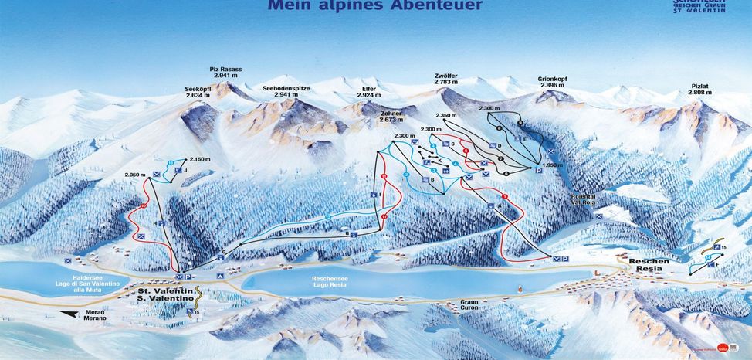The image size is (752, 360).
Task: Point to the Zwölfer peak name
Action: coord(446,79)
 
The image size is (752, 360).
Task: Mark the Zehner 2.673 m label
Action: coord(392,117)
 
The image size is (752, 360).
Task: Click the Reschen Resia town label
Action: coord(649,265)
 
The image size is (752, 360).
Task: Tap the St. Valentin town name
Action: coord(165,292)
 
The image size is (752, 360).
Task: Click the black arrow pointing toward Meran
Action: coord(76,314)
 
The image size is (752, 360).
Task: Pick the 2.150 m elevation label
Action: coord(200,159)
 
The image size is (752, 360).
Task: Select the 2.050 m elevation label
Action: coord(134,175)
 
